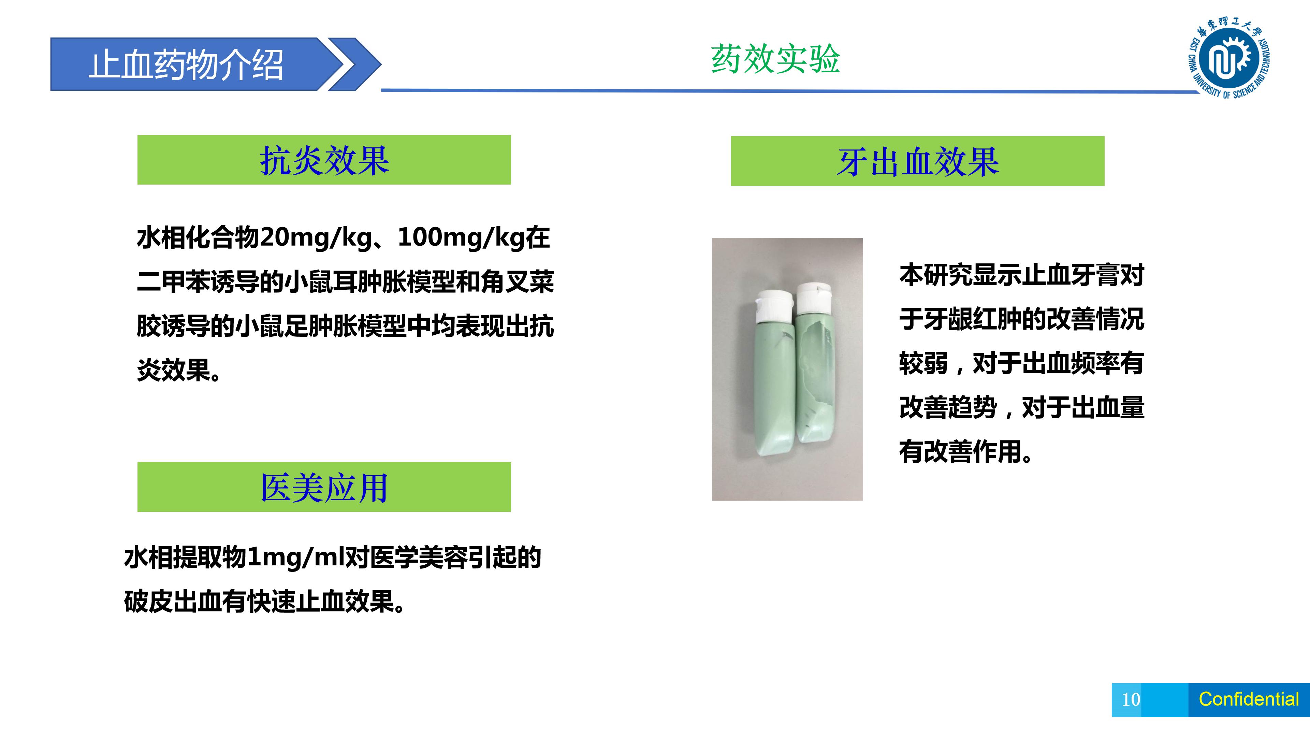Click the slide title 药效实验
pyautogui.click(x=775, y=59)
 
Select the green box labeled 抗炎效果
pyautogui.click(x=324, y=160)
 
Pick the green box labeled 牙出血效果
pyautogui.click(x=917, y=161)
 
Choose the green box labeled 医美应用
pyautogui.click(x=324, y=487)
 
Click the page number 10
pyautogui.click(x=1131, y=699)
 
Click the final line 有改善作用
pyautogui.click(x=966, y=452)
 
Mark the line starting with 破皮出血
pyautogui.click(x=265, y=602)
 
